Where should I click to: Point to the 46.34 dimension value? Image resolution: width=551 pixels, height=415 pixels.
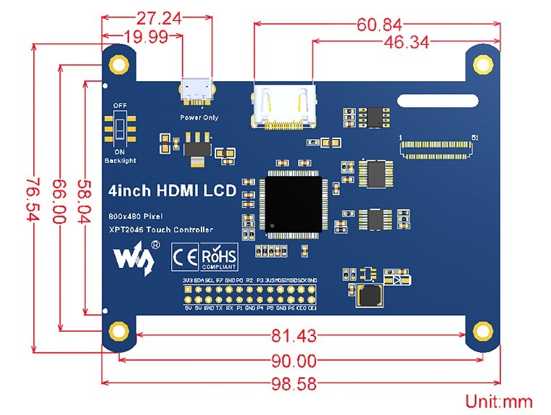(405, 43)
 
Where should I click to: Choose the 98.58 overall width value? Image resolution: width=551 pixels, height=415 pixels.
(293, 384)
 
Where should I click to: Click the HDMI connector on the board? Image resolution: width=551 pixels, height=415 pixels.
(282, 109)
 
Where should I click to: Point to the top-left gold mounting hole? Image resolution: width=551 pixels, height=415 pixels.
(119, 64)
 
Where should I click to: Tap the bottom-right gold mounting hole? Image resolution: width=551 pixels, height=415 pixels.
(482, 332)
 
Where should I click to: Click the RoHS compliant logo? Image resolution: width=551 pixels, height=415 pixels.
(218, 258)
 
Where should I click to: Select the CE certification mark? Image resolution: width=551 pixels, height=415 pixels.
(184, 257)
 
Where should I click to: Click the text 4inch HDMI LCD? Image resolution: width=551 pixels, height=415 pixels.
(172, 191)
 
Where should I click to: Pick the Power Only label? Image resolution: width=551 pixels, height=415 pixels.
(199, 117)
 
